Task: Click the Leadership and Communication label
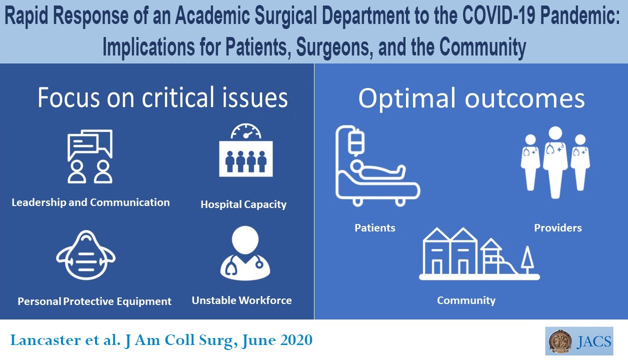tap(90, 202)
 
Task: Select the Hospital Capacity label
tap(243, 204)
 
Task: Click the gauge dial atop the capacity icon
tap(246, 131)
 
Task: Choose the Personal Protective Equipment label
tap(94, 301)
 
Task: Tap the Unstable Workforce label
tap(241, 300)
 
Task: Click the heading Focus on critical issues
tap(162, 98)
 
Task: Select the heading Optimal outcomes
tap(471, 98)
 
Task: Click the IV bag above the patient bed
tap(355, 141)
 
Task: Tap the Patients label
tap(374, 228)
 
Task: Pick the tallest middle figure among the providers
tap(554, 160)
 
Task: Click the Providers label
tap(557, 228)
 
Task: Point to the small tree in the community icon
tap(527, 259)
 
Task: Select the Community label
tap(466, 300)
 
